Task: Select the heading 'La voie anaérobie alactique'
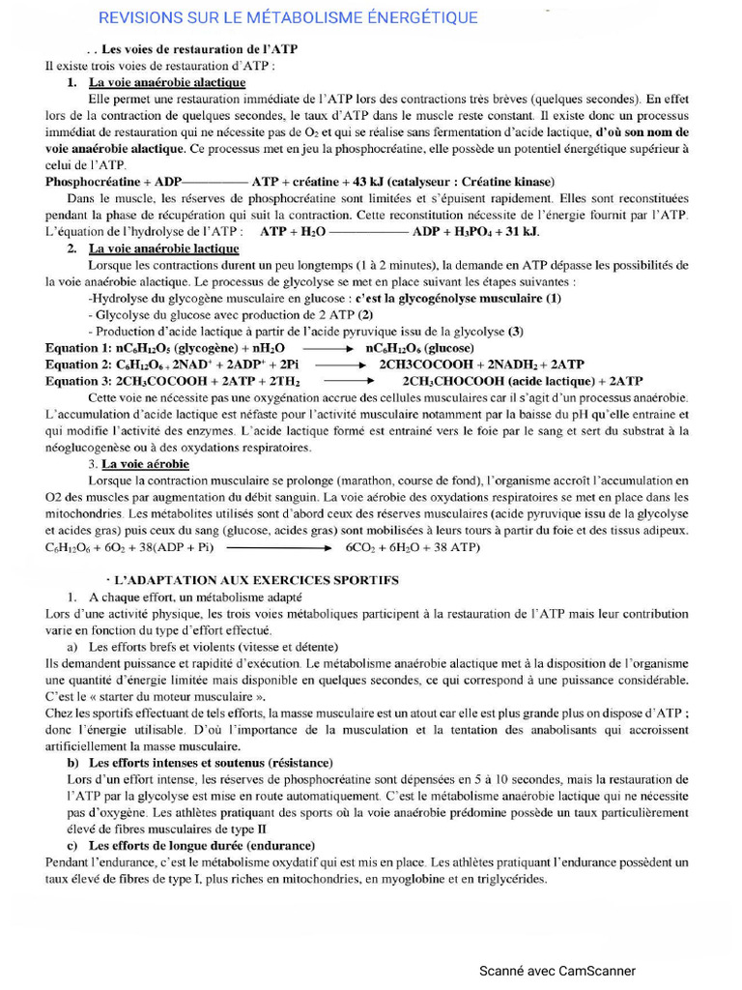pyautogui.click(x=166, y=83)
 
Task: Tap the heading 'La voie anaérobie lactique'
pyautogui.click(x=163, y=248)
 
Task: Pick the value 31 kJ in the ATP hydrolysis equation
pyautogui.click(x=520, y=233)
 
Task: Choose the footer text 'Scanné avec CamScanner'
pyautogui.click(x=558, y=970)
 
